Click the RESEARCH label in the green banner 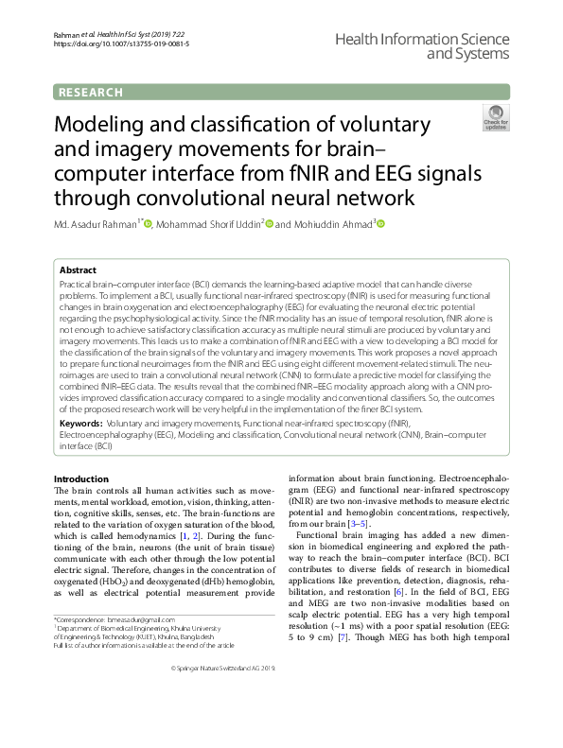click(x=91, y=93)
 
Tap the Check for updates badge click(x=495, y=117)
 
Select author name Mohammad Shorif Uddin click(x=207, y=224)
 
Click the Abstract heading click(x=77, y=270)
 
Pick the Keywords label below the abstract click(x=79, y=426)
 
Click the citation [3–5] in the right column click(x=359, y=524)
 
